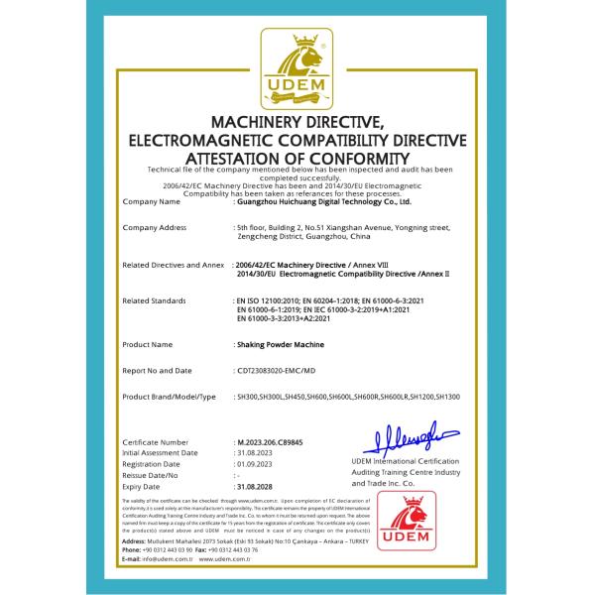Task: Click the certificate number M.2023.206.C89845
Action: tap(271, 440)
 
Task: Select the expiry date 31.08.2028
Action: tap(252, 487)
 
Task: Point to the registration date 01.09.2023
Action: tap(252, 463)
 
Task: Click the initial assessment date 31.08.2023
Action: tap(252, 451)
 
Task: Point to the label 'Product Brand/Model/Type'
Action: tap(169, 397)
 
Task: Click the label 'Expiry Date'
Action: tap(143, 487)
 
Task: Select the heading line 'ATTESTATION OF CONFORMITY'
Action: tap(297, 158)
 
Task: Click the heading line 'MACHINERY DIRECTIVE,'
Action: tap(297, 120)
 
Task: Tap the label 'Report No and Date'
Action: tap(159, 371)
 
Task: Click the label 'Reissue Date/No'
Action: tap(151, 475)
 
